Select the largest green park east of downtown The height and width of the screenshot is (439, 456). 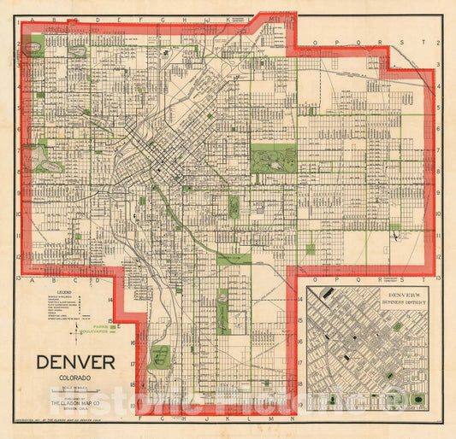click(x=273, y=159)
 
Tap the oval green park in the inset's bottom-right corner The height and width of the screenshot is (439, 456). click(x=418, y=401)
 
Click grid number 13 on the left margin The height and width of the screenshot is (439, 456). click(x=18, y=278)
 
